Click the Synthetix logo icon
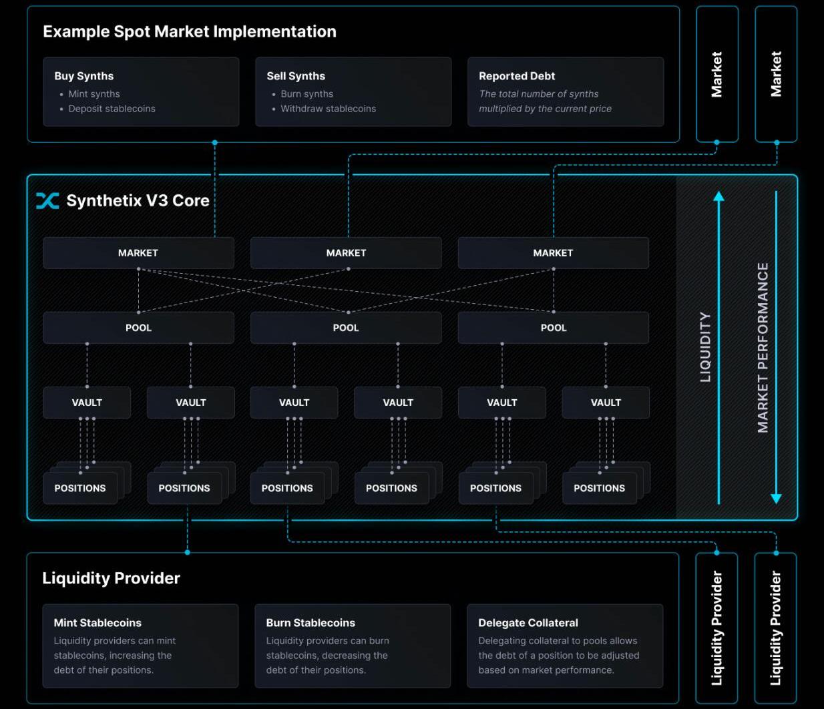[x=47, y=200]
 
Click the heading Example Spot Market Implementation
[x=190, y=31]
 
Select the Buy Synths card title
[x=84, y=76]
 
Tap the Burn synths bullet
[x=306, y=94]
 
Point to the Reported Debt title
[x=517, y=76]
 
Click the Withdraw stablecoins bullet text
[x=328, y=109]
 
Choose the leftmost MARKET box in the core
[x=138, y=253]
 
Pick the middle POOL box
[x=346, y=328]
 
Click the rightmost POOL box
[x=554, y=328]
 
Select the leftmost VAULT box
[x=87, y=403]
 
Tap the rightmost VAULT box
[x=606, y=403]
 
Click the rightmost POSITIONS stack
[x=600, y=488]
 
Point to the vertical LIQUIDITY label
[x=705, y=347]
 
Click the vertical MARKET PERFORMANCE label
[x=763, y=347]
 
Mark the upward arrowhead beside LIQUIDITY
[x=718, y=196]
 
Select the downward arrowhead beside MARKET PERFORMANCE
[x=776, y=498]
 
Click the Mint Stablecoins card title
[x=97, y=623]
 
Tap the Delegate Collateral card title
[x=528, y=623]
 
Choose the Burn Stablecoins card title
[x=311, y=623]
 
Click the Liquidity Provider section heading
[x=112, y=578]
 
